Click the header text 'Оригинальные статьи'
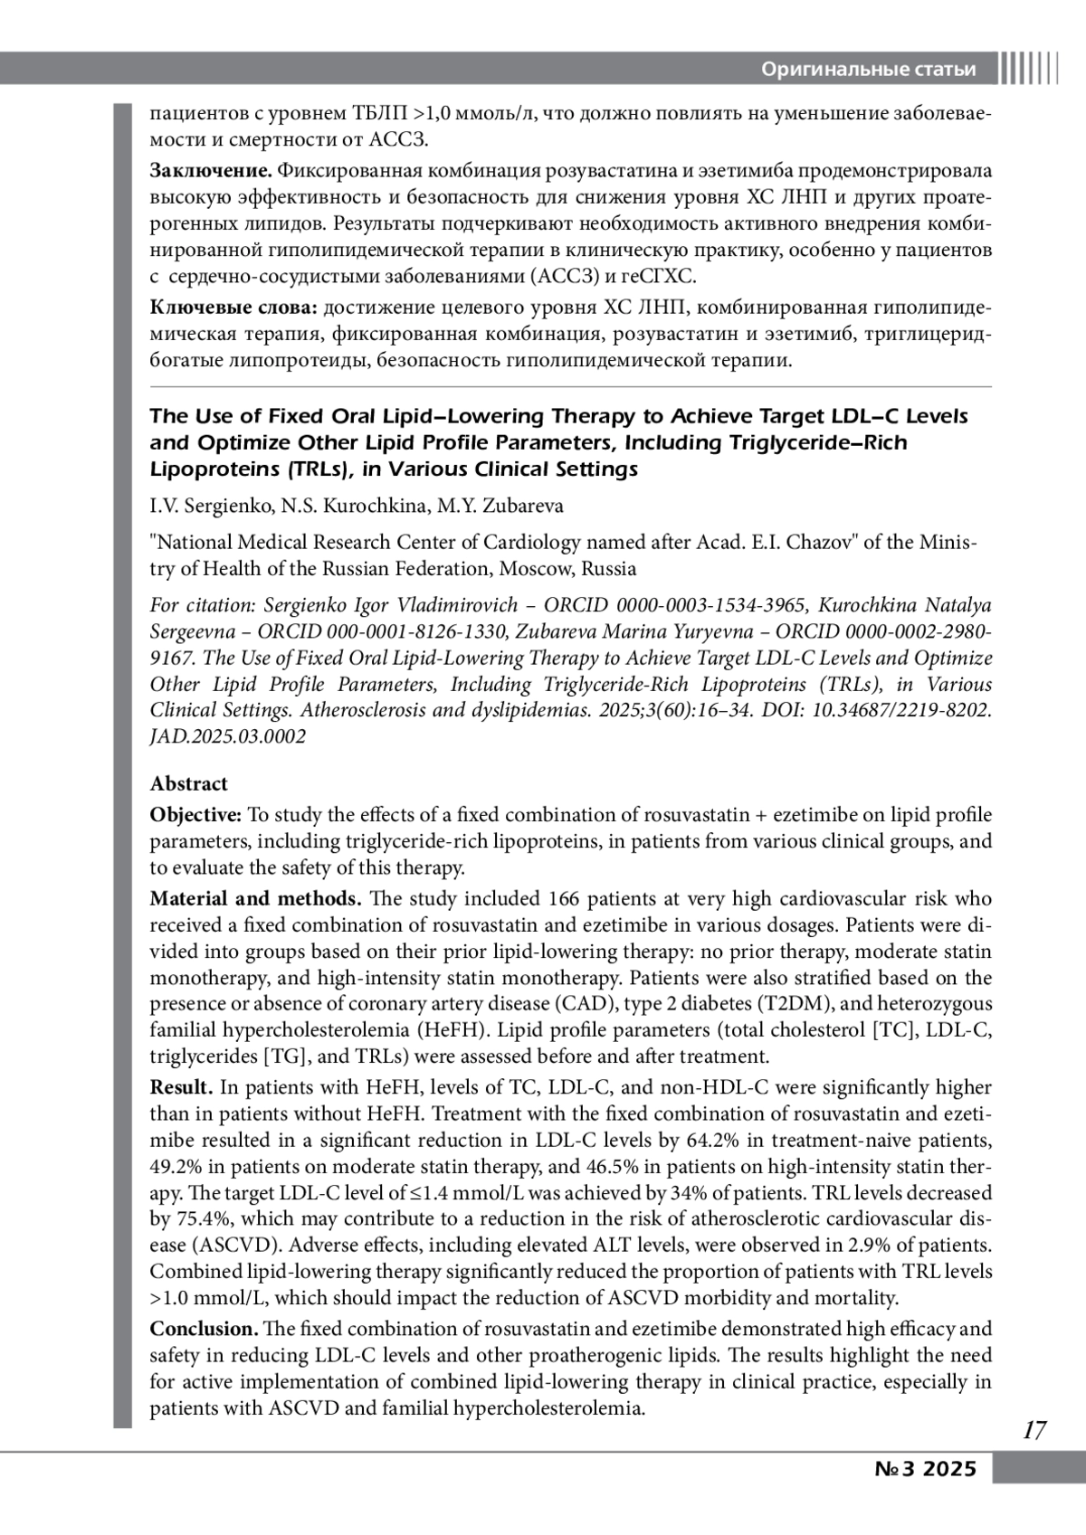(x=869, y=69)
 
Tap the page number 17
(x=1034, y=1430)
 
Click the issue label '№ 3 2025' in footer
(x=926, y=1469)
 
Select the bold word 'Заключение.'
(x=211, y=171)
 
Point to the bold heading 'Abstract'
(x=189, y=783)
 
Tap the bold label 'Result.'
(x=181, y=1087)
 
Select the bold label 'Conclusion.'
(x=205, y=1329)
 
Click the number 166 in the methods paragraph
(x=564, y=899)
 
